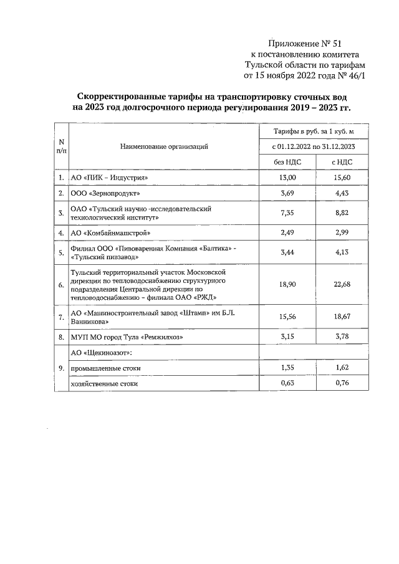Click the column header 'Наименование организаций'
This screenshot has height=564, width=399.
164,147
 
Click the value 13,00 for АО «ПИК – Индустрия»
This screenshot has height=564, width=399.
288,178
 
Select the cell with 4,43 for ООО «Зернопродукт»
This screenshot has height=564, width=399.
341,194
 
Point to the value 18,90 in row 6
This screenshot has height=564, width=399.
288,285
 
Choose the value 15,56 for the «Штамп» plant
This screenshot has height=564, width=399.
288,317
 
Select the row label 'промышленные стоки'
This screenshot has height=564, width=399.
105,368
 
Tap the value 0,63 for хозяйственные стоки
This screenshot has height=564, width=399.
288,384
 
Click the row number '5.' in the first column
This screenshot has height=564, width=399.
61,252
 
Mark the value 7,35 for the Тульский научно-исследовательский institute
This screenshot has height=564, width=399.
288,214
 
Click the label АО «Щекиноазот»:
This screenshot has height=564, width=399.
102,353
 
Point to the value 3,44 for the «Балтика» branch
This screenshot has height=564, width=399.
288,252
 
